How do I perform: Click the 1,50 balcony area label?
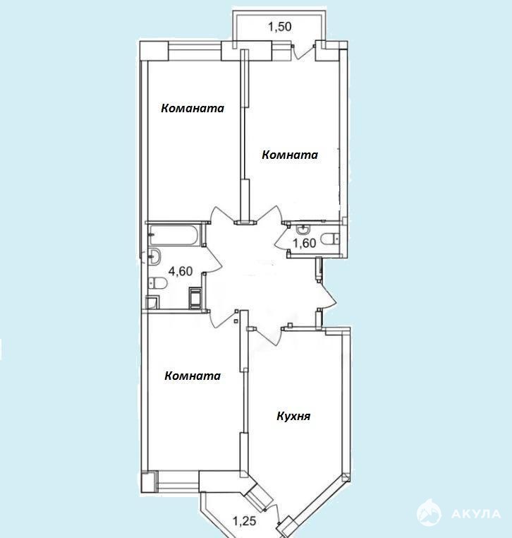click(280, 26)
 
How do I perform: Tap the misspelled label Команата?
click(193, 109)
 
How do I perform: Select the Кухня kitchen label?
click(293, 417)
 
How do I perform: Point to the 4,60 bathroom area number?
click(181, 271)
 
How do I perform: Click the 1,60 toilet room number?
click(305, 243)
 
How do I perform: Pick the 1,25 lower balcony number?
click(245, 521)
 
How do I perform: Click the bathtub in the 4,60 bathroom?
click(173, 235)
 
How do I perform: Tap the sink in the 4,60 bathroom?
click(154, 256)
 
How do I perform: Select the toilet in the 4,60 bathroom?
click(158, 283)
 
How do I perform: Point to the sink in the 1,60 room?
click(303, 228)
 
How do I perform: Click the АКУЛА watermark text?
click(476, 514)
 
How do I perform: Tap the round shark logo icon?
click(429, 513)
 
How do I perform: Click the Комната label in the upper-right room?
click(290, 155)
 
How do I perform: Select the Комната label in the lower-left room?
click(193, 376)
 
